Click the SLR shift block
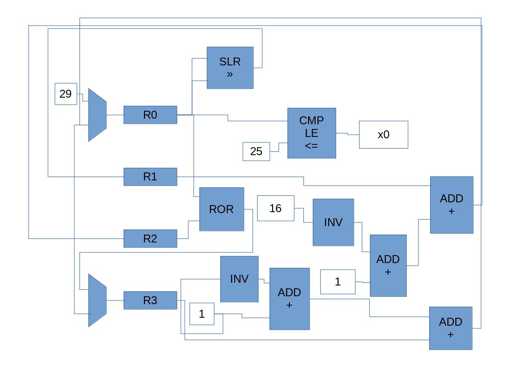click(x=230, y=68)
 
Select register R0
click(x=150, y=115)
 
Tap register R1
click(x=150, y=177)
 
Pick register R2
click(x=150, y=239)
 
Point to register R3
click(x=150, y=300)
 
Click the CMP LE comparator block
click(x=311, y=133)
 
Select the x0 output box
click(x=383, y=135)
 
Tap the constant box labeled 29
click(x=66, y=94)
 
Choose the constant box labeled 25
click(x=256, y=151)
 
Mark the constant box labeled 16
click(x=275, y=208)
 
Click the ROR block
click(x=222, y=209)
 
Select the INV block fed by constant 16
click(x=333, y=222)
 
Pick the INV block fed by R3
click(x=239, y=279)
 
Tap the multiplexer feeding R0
click(x=97, y=115)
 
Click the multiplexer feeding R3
click(x=97, y=300)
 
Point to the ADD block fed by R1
click(x=451, y=205)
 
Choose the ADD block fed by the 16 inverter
click(x=388, y=265)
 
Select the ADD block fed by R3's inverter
click(x=289, y=299)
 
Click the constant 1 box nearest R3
click(x=201, y=314)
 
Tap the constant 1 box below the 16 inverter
click(x=338, y=282)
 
